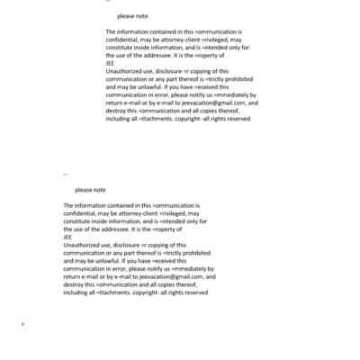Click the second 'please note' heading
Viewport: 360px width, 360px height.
90,190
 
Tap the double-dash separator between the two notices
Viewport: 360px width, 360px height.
66,175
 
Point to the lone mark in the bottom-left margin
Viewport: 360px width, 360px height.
22,323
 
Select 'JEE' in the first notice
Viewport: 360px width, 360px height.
111,65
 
